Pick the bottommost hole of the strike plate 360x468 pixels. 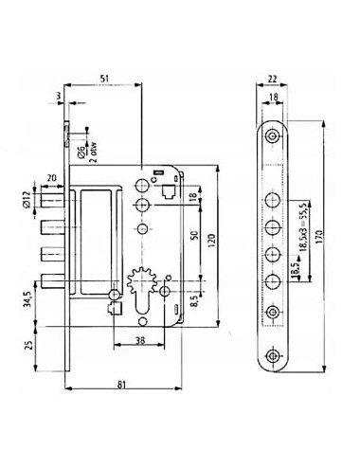tap(273, 356)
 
